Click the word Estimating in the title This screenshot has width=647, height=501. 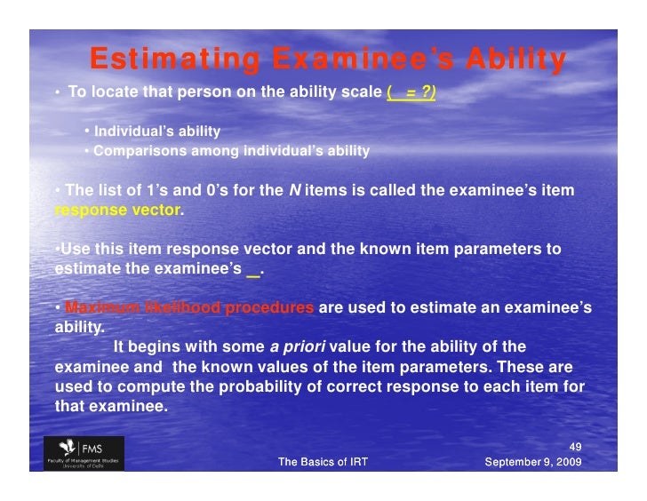pos(174,61)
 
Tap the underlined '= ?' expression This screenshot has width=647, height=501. pos(418,92)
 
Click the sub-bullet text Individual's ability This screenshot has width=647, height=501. pos(157,131)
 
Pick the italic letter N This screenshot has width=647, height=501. pos(295,190)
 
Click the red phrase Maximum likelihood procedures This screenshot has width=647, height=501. pos(189,307)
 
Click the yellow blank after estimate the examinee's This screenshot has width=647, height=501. pos(253,269)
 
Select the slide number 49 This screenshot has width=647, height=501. pos(574,447)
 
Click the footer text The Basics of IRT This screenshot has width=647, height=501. pos(323,462)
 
